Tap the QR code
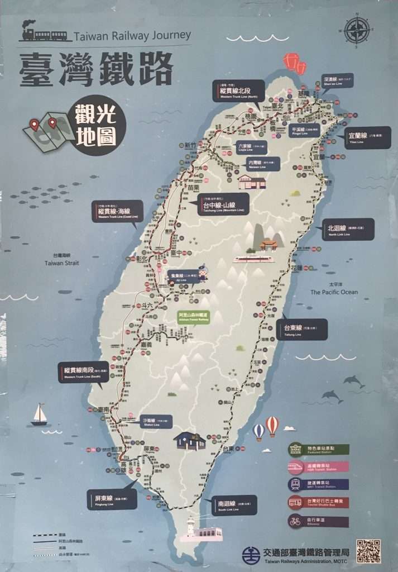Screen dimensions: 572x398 pyautogui.click(x=368, y=551)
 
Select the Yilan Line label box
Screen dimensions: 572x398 pyautogui.click(x=367, y=137)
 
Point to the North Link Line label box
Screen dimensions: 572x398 pyautogui.click(x=348, y=229)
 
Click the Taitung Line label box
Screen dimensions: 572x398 pyautogui.click(x=301, y=329)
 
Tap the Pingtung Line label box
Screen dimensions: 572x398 pyautogui.click(x=112, y=499)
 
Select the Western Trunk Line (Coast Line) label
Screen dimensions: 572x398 pyautogui.click(x=117, y=212)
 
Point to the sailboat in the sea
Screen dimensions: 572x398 pyautogui.click(x=39, y=415)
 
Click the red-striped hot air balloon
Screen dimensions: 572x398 pyautogui.click(x=272, y=426)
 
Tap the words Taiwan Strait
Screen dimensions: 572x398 pyautogui.click(x=62, y=263)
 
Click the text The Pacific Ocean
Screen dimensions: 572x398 pyautogui.click(x=334, y=292)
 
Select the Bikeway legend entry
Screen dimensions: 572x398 pyautogui.click(x=318, y=522)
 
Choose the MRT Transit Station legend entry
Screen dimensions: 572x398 pyautogui.click(x=318, y=484)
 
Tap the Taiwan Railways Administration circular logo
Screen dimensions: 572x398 pyautogui.click(x=251, y=555)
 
